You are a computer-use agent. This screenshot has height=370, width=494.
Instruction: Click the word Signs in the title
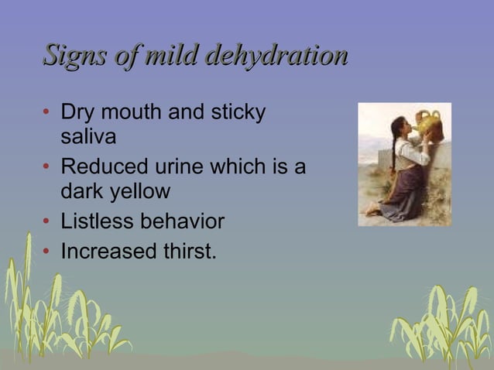(75, 56)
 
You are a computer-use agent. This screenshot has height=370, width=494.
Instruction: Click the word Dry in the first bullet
(77, 112)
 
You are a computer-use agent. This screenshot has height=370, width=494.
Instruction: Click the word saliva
(88, 137)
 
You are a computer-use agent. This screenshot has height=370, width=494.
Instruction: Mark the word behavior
(183, 222)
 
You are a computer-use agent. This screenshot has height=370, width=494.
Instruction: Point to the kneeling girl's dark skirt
(403, 197)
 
